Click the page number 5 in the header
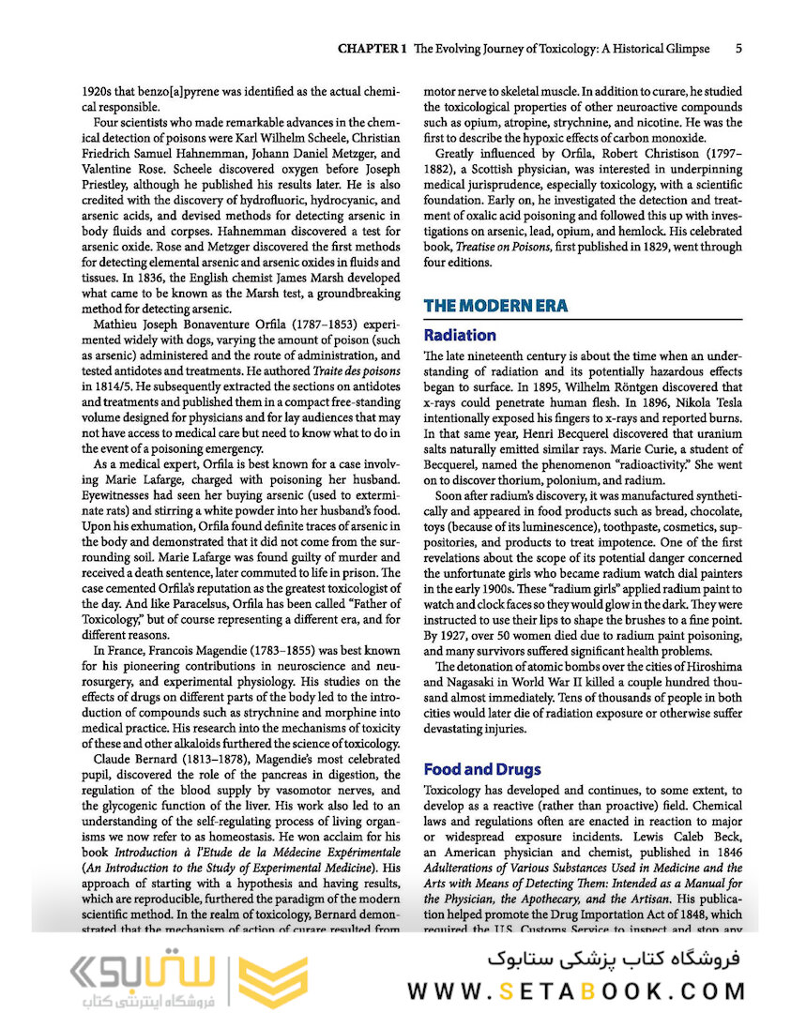tap(739, 48)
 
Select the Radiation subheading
tap(460, 335)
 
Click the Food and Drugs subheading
tap(482, 769)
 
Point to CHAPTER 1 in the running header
tap(372, 48)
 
